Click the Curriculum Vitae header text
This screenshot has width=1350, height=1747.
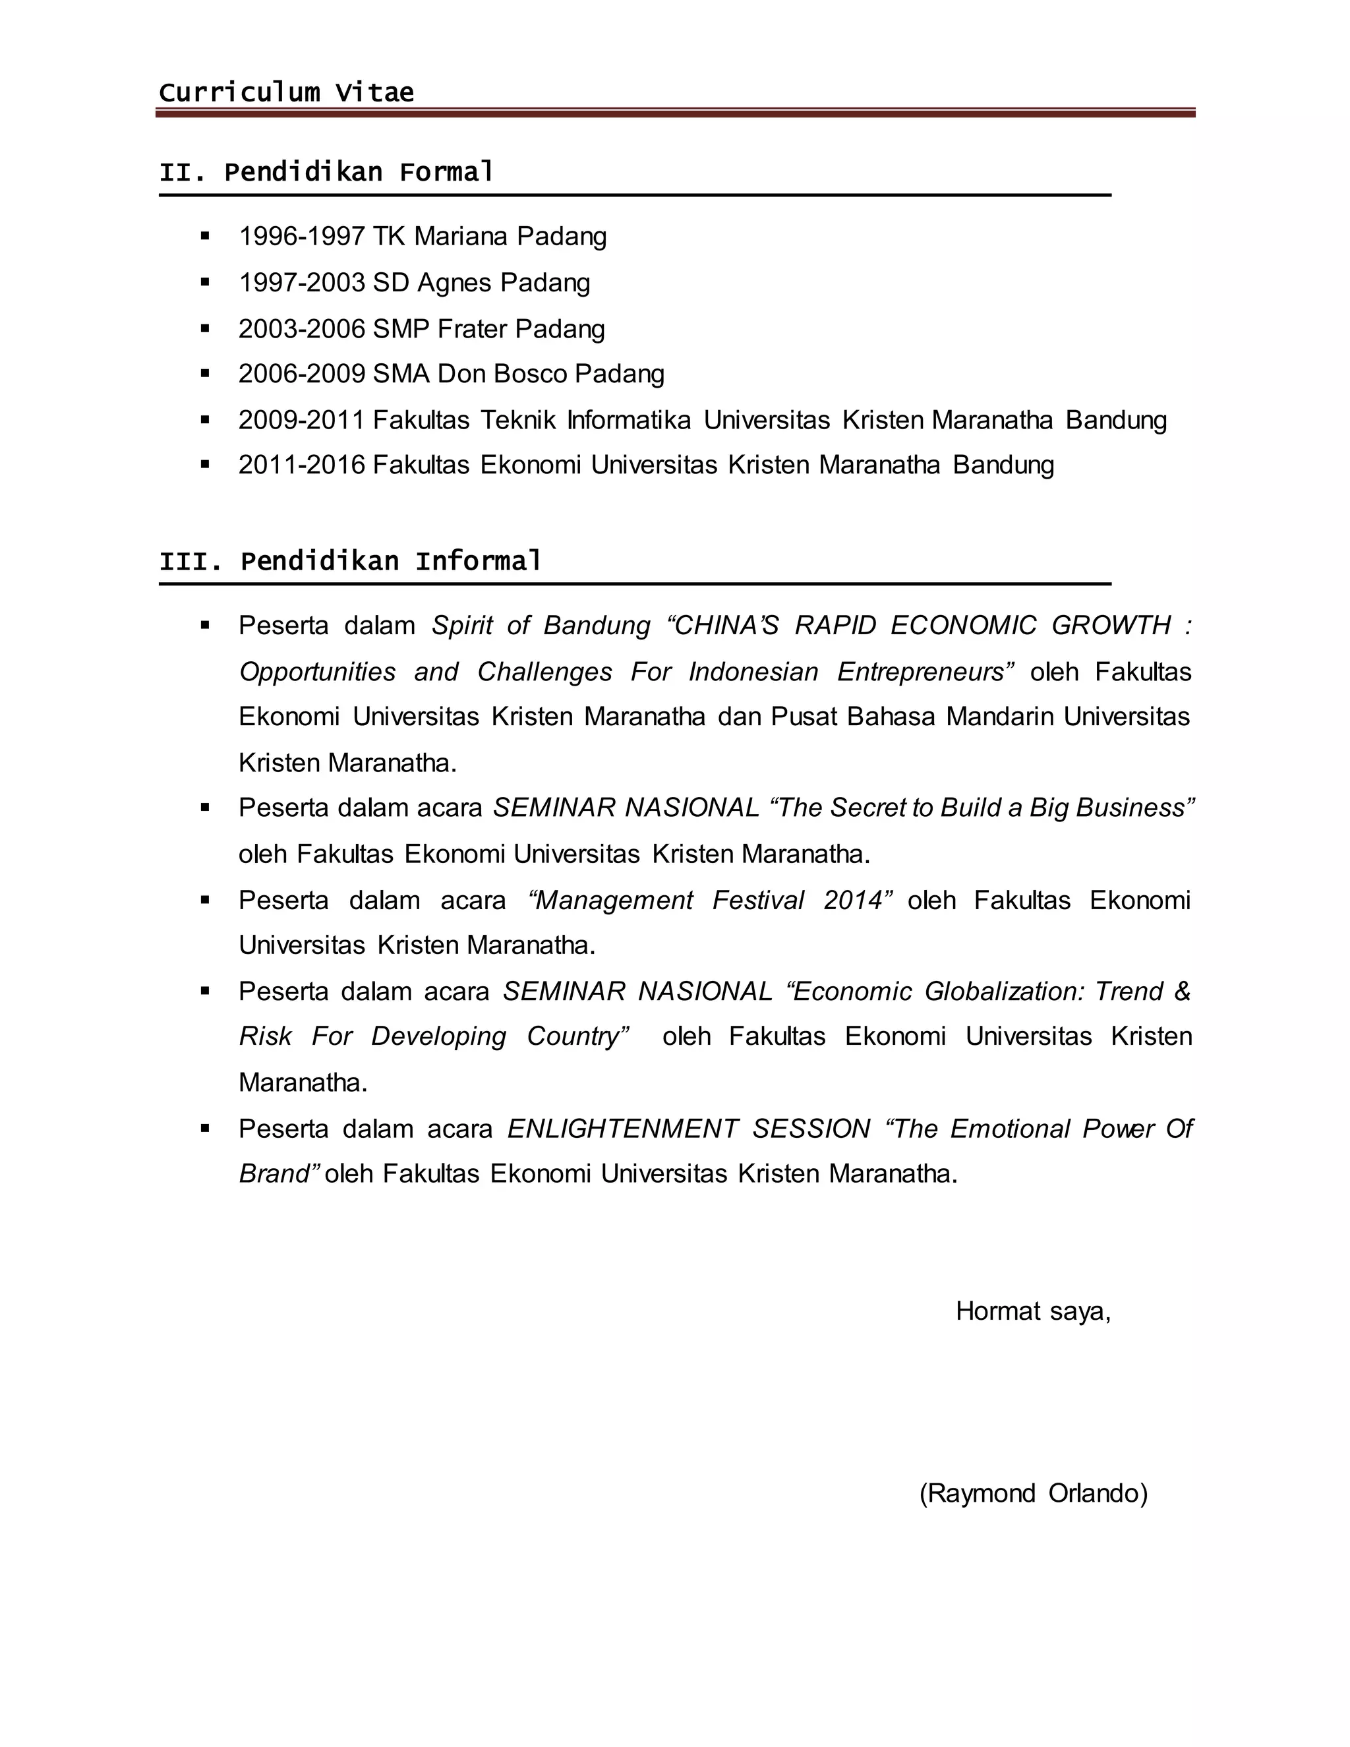[x=286, y=93]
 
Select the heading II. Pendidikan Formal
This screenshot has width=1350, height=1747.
[x=326, y=172]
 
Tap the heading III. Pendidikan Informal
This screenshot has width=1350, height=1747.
[x=350, y=561]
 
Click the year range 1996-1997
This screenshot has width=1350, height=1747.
[x=301, y=236]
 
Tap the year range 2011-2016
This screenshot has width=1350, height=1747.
[x=301, y=465]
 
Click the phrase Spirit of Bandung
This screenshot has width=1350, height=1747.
[x=541, y=625]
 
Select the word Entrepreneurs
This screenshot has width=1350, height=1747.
[x=924, y=671]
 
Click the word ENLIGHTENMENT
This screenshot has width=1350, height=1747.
[x=622, y=1129]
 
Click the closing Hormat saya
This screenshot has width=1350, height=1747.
[x=1032, y=1311]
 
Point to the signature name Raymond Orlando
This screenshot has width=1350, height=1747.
[x=1034, y=1493]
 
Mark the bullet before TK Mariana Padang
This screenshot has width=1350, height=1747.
[x=206, y=236]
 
